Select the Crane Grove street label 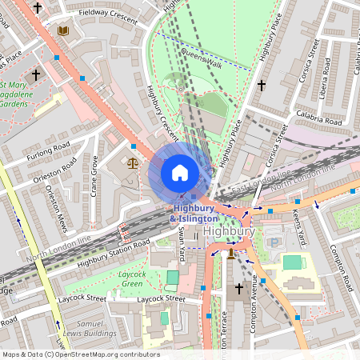pos(94,177)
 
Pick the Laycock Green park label pos(126,278)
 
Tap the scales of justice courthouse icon pos(133,162)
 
